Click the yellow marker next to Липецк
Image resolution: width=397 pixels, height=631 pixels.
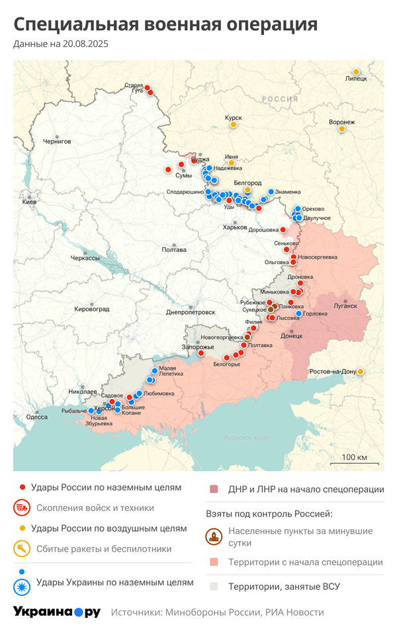356,71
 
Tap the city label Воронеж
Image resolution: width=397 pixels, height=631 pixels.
341,122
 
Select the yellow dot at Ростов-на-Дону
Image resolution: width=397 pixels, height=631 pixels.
361,372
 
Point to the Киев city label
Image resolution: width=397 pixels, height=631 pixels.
30,202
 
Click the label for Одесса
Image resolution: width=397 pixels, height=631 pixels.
36,417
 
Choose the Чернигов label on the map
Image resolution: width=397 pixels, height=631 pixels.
56,142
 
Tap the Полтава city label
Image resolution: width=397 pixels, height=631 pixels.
173,250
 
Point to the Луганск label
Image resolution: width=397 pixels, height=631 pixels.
345,306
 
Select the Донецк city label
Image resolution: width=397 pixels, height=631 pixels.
292,336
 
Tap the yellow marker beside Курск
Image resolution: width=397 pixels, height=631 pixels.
234,124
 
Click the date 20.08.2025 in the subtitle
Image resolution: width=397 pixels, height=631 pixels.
85,44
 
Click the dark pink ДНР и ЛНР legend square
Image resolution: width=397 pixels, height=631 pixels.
214,489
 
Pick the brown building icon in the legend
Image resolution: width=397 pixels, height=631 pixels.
214,536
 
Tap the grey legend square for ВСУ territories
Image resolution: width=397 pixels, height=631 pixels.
214,586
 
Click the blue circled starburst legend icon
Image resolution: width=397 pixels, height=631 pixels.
22,583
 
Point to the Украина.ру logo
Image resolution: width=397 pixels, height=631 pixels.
56,612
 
